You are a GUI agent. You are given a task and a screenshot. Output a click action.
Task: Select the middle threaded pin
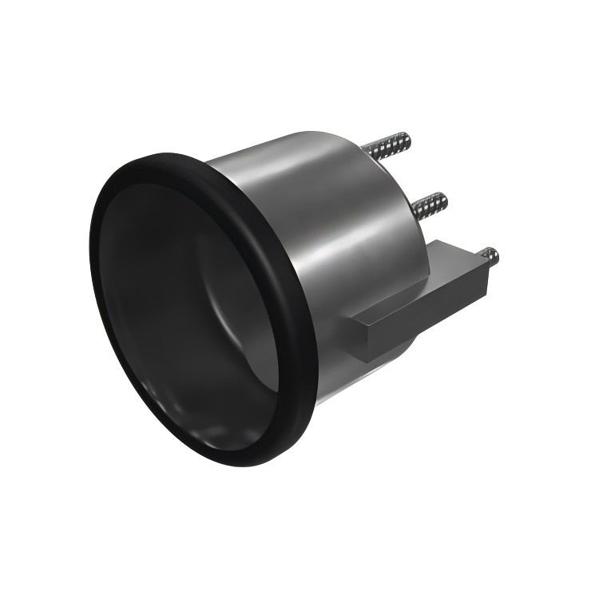[x=430, y=204]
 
